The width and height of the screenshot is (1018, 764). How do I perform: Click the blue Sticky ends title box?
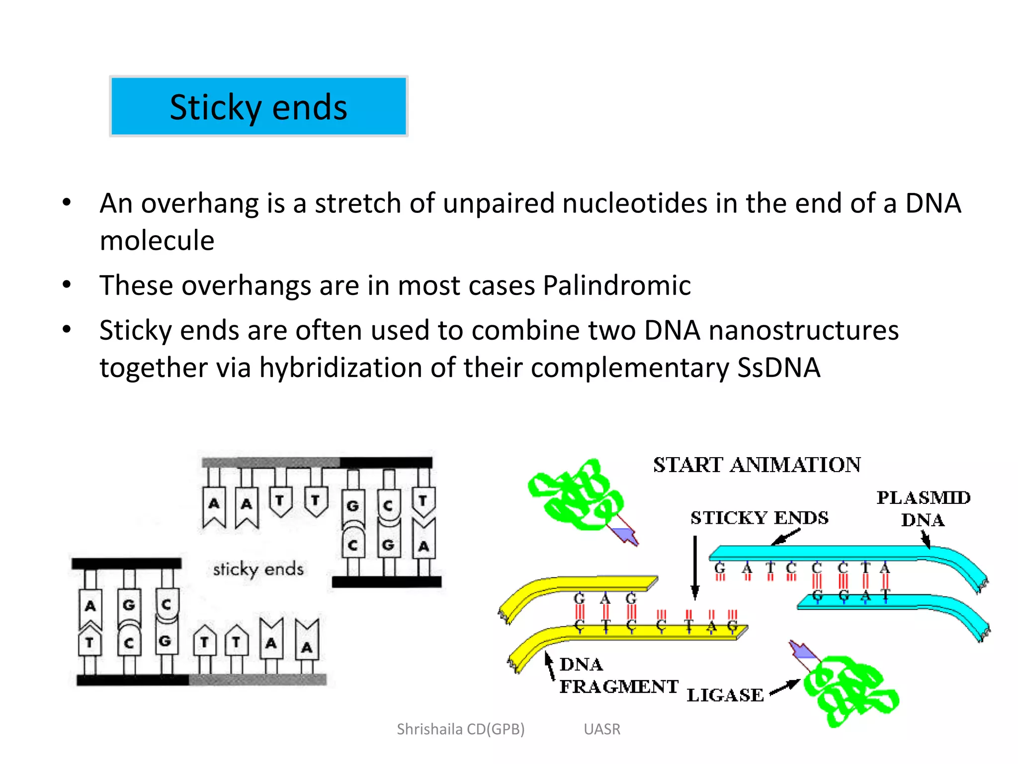tap(258, 106)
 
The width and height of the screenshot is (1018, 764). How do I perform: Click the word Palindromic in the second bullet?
tap(616, 286)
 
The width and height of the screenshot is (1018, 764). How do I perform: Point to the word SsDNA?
tap(778, 368)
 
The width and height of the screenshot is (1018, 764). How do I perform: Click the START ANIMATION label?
tap(757, 465)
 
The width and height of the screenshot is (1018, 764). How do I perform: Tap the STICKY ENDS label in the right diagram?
tap(759, 518)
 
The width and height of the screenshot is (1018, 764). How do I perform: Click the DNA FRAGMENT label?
tap(618, 675)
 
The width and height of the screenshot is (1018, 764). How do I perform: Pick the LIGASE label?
tap(725, 695)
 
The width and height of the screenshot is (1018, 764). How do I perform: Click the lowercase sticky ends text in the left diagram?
tap(258, 569)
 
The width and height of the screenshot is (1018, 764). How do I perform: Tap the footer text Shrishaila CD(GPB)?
tap(460, 729)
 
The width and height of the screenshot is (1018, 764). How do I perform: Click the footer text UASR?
tap(602, 729)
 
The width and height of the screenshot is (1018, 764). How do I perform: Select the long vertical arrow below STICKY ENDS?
tap(695, 567)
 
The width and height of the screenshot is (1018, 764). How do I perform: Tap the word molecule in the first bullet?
tap(157, 241)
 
